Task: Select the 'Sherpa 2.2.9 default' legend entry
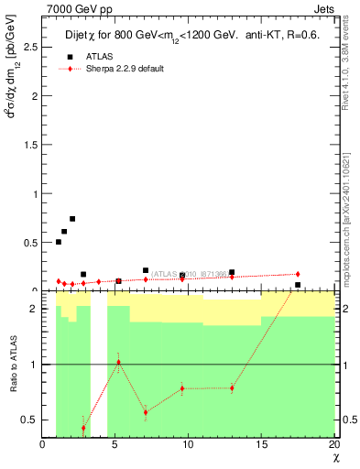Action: [x=125, y=69]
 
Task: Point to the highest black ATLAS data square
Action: [x=72, y=219]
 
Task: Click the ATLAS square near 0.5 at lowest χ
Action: [x=59, y=242]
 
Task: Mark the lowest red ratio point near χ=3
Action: [x=83, y=428]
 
